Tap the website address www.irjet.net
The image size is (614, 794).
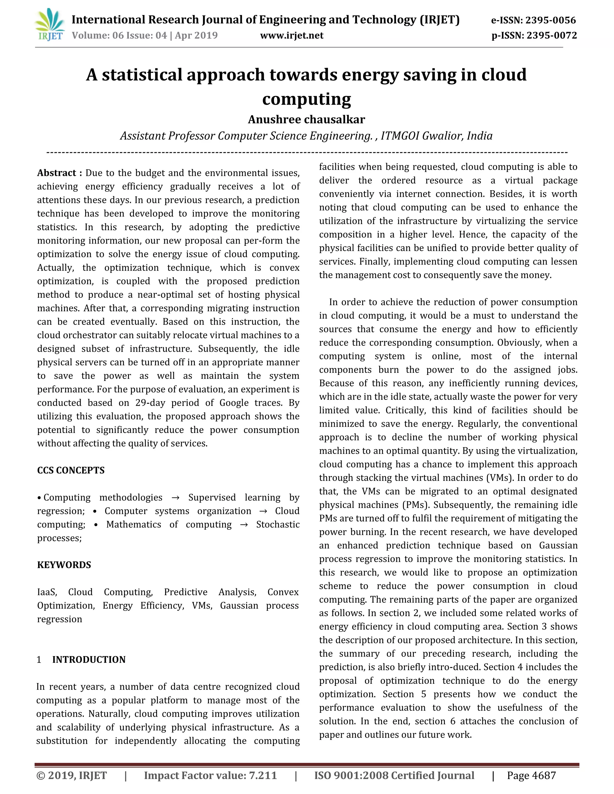point(292,35)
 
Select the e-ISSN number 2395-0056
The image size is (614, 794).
point(551,20)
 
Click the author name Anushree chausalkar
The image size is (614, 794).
point(306,119)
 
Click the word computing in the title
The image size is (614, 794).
point(306,99)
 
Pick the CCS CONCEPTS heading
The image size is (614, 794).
point(71,470)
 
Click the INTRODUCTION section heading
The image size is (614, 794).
point(89,659)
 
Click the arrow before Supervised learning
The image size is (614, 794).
point(175,497)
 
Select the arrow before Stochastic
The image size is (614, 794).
point(244,525)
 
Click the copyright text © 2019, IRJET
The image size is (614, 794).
point(72,775)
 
